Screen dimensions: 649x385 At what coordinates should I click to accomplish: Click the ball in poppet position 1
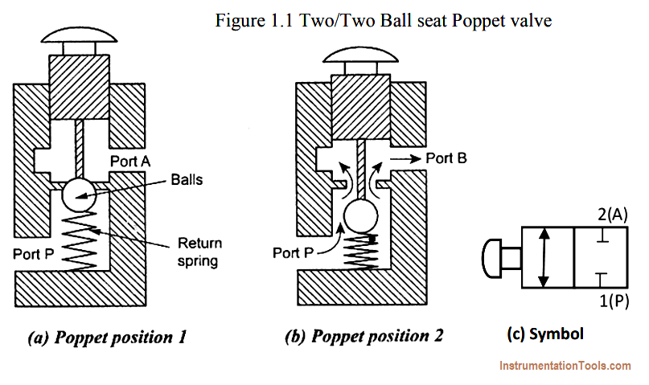(x=79, y=195)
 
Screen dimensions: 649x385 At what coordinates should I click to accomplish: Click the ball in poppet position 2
(x=361, y=216)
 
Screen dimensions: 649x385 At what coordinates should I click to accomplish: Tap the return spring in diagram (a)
(x=80, y=241)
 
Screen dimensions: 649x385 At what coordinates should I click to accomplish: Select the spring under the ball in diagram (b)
(x=361, y=251)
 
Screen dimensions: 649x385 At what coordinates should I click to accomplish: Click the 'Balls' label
(x=187, y=180)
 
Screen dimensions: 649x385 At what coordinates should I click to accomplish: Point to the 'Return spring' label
(x=199, y=252)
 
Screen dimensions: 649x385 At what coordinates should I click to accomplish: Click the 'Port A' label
(x=130, y=162)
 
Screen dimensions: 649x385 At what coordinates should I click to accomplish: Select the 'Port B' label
(x=446, y=158)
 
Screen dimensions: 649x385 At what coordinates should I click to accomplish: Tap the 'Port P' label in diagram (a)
(x=34, y=253)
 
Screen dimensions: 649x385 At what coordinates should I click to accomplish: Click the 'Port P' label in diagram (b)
(x=293, y=252)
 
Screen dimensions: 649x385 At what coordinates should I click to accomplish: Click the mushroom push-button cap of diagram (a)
(x=79, y=35)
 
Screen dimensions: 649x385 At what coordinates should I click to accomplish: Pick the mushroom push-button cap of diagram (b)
(x=361, y=55)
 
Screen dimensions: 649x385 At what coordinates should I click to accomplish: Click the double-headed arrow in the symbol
(x=544, y=257)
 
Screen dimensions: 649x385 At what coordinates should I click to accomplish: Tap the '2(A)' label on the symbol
(x=613, y=215)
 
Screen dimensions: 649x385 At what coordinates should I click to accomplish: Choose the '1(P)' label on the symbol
(x=614, y=301)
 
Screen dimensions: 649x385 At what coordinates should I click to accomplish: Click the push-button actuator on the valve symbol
(x=501, y=258)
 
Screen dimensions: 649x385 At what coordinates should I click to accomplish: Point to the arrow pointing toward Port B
(x=405, y=158)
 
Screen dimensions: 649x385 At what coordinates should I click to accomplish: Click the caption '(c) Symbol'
(x=545, y=334)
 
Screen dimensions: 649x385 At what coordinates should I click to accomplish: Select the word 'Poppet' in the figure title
(x=476, y=20)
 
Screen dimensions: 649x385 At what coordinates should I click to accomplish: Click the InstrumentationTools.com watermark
(x=565, y=366)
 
